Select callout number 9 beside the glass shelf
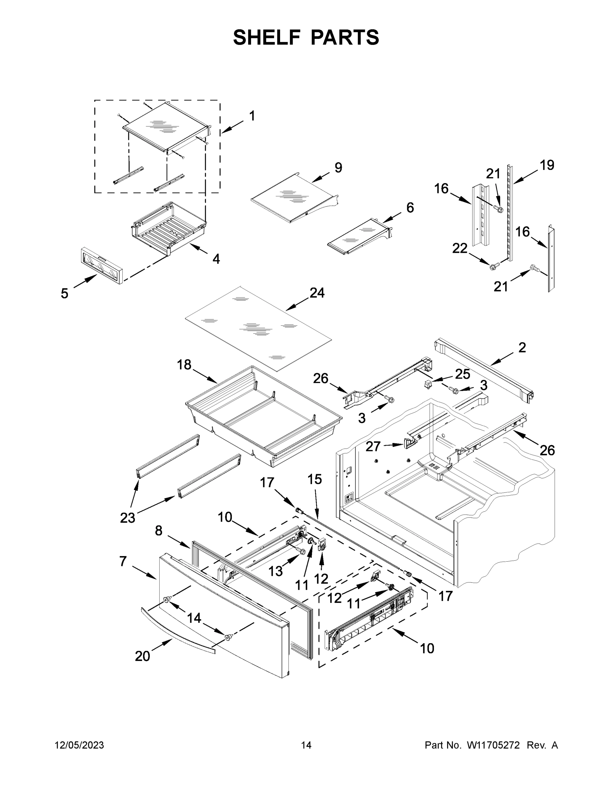tap(338, 168)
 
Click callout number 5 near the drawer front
tap(65, 294)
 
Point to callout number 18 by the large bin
tap(184, 364)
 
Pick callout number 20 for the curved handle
tap(142, 656)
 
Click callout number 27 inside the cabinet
tap(373, 446)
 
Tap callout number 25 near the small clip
tap(463, 374)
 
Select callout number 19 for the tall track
tap(547, 165)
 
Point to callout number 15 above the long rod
tap(314, 479)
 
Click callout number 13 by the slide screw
tap(275, 571)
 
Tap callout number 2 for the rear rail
tap(522, 347)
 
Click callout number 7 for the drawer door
tap(123, 561)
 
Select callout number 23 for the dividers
tap(128, 518)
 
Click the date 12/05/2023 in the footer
tap(79, 745)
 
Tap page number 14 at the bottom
tap(306, 745)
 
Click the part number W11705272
tap(493, 745)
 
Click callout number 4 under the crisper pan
tap(216, 259)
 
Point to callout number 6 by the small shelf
tap(410, 208)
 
